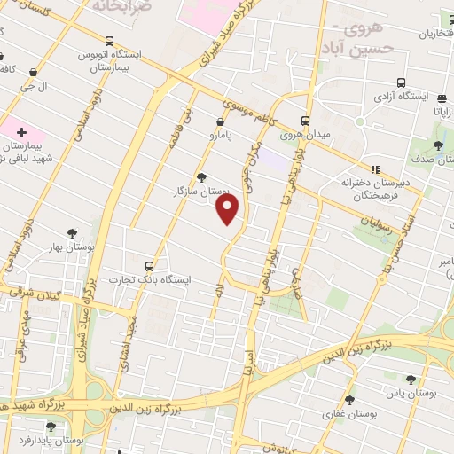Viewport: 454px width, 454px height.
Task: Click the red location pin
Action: coord(229,208)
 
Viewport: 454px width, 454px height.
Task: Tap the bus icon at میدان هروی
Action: coord(306,121)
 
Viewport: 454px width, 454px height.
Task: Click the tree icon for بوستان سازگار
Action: coord(202,176)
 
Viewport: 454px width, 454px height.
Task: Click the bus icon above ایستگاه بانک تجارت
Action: coord(149,265)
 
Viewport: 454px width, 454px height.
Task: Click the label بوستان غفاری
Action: coord(353,414)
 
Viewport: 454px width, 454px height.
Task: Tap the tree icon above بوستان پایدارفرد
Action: coord(51,427)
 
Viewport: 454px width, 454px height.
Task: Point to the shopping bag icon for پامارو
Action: coord(220,121)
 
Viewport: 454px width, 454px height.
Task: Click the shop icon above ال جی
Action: coord(33,73)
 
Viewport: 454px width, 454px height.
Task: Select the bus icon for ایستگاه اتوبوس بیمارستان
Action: coord(109,41)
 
